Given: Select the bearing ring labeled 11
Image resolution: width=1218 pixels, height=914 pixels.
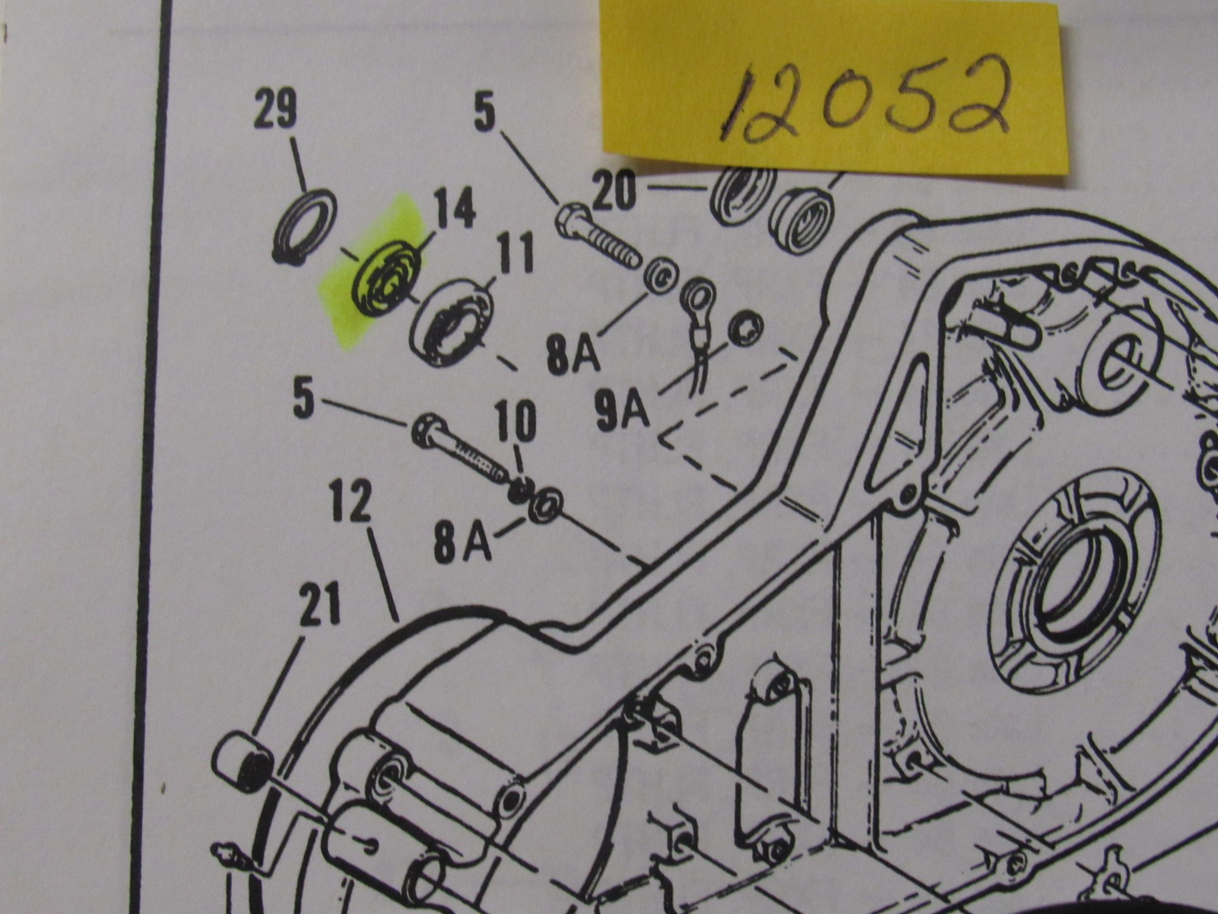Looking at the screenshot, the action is pyautogui.click(x=451, y=322).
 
